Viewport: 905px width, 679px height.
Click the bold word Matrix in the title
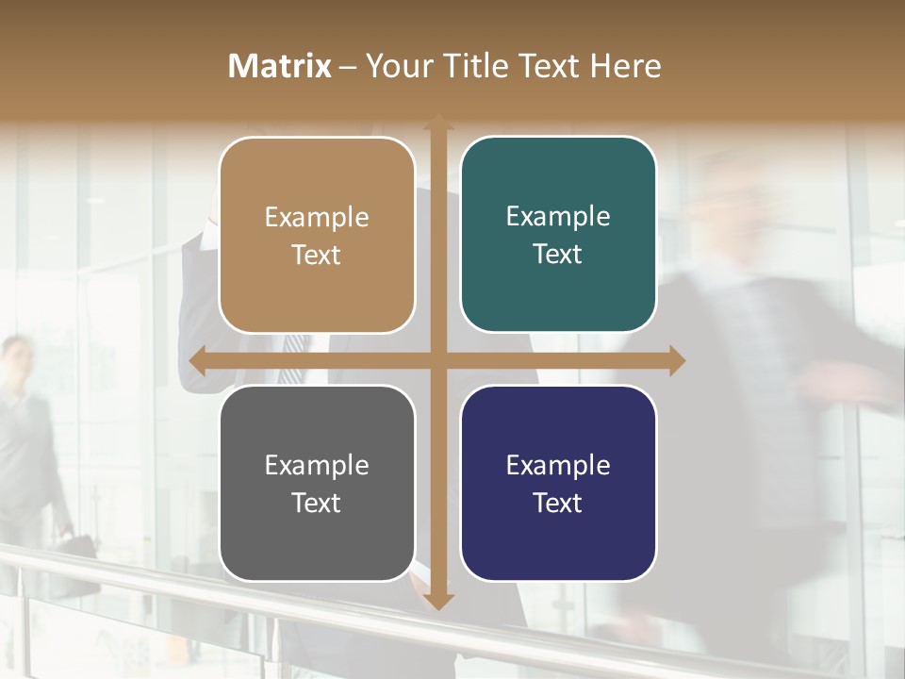tap(280, 66)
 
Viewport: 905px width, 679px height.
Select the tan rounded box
tap(317, 235)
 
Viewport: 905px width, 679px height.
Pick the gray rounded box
tap(317, 483)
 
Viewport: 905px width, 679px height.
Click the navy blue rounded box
tap(558, 483)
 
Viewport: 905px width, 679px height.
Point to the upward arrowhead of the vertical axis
tap(437, 122)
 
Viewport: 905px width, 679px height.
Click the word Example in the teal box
tap(558, 216)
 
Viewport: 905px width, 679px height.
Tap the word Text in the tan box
tap(317, 255)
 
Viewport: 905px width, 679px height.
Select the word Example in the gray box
tap(317, 465)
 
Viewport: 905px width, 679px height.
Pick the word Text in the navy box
tap(558, 503)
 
